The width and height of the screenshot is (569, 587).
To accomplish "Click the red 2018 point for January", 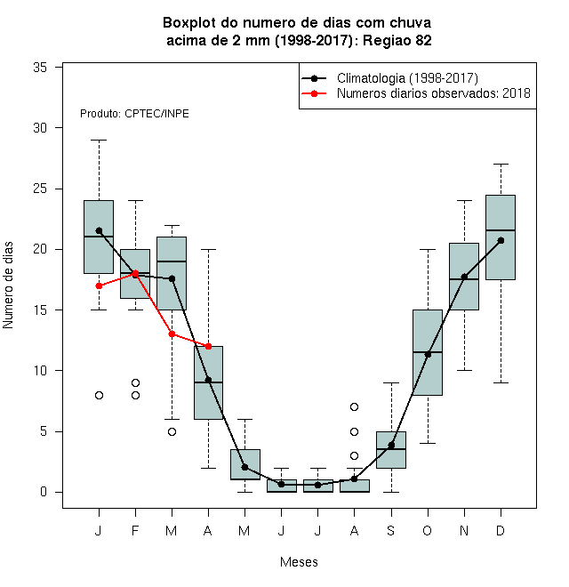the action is click(99, 285).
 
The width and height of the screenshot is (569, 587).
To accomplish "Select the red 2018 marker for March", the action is click(172, 334).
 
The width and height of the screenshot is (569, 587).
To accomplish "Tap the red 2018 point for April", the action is click(209, 346).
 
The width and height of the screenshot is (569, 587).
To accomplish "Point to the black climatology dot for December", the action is click(501, 240).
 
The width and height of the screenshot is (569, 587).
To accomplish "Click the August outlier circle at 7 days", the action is click(354, 406).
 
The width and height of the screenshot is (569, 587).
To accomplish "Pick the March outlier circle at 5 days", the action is click(172, 431).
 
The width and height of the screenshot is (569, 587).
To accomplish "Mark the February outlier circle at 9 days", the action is click(135, 382).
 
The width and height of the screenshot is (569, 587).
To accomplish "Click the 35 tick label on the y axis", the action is click(40, 68).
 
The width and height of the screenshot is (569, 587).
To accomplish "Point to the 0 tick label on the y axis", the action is click(44, 492).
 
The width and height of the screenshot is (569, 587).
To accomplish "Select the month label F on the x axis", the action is click(135, 530).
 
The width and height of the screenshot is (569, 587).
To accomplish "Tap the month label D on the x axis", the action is click(501, 530).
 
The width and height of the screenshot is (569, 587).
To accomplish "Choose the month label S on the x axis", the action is click(391, 530).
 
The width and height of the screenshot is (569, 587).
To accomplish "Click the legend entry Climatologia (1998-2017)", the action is click(407, 78).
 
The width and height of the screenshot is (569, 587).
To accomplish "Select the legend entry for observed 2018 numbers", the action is click(434, 93).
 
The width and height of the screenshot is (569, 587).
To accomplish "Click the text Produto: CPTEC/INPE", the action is click(134, 114).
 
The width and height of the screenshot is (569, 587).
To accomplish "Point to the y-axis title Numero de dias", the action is click(8, 285).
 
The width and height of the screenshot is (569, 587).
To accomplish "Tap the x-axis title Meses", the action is click(299, 562).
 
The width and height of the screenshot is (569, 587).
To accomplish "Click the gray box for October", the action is click(428, 352).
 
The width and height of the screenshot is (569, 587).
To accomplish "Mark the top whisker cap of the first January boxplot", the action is click(99, 140).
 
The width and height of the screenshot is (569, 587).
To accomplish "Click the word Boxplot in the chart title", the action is click(189, 23).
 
